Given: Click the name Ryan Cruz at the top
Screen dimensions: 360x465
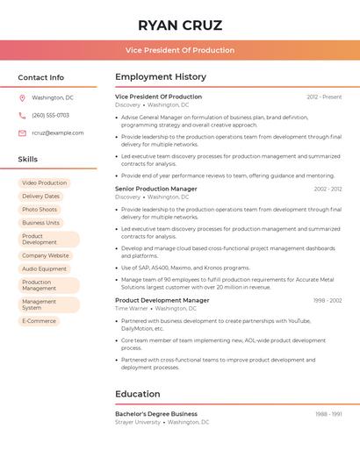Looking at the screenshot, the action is point(180,25).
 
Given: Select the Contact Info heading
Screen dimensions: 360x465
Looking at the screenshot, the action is point(41,77).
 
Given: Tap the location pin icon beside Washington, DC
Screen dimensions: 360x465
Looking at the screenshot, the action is point(22,98).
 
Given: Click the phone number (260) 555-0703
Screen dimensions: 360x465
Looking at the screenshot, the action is point(50,116).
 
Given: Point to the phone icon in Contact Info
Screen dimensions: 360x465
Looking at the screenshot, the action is point(22,116).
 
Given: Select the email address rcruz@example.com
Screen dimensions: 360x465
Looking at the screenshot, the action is point(58,133).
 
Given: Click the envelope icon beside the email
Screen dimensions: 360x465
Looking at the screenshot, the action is point(22,133).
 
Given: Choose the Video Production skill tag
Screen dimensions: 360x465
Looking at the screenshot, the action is point(44,183).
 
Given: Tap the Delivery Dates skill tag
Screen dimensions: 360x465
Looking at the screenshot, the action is point(40,197).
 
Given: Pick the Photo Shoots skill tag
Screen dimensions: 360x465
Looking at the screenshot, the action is point(40,210).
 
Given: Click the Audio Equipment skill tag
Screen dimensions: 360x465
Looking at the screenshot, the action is point(44,268).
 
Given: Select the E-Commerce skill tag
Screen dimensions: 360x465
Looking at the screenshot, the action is point(39,321).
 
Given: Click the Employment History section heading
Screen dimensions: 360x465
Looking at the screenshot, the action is point(161,77).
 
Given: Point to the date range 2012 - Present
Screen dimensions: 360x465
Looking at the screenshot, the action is point(324,97).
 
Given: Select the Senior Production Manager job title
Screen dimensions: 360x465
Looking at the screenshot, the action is point(156,189).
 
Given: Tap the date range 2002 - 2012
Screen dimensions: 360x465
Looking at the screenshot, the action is point(328,190).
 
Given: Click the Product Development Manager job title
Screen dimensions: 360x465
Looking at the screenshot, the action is point(162,300).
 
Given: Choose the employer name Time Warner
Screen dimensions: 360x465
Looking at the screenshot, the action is point(132,309).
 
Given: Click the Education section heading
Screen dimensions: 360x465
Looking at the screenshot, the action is point(137,394).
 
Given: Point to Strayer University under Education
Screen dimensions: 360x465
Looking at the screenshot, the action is point(138,422).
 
